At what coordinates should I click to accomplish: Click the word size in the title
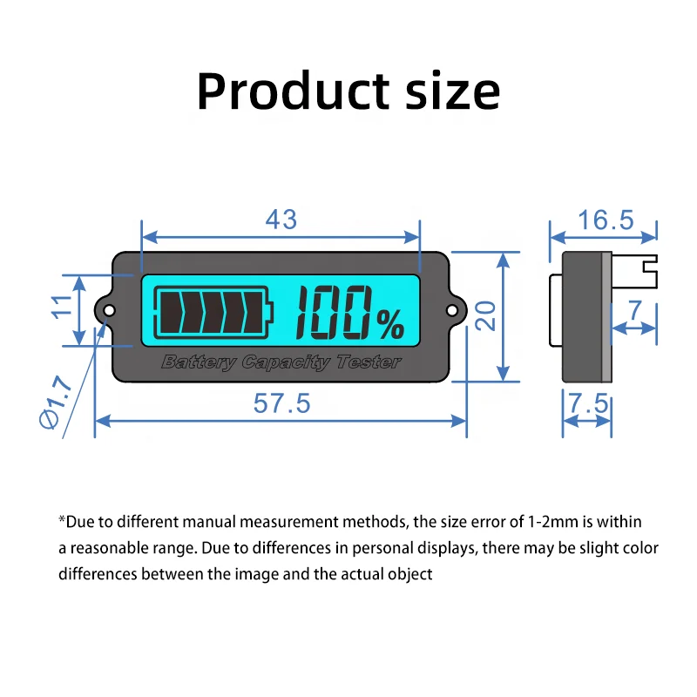[x=450, y=91]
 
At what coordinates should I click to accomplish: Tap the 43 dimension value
[x=281, y=220]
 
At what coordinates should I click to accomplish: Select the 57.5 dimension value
[x=281, y=404]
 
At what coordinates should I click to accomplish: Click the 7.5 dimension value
[x=587, y=404]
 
